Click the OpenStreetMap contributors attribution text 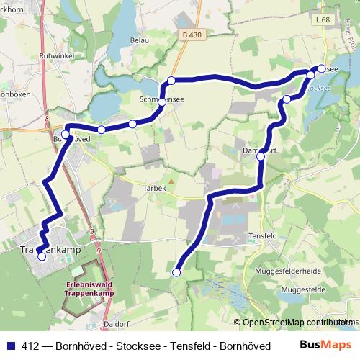click(295, 322)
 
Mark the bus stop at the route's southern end click(176, 272)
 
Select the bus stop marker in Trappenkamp click(41, 256)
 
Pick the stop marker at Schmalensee click(162, 102)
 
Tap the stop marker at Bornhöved click(66, 135)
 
